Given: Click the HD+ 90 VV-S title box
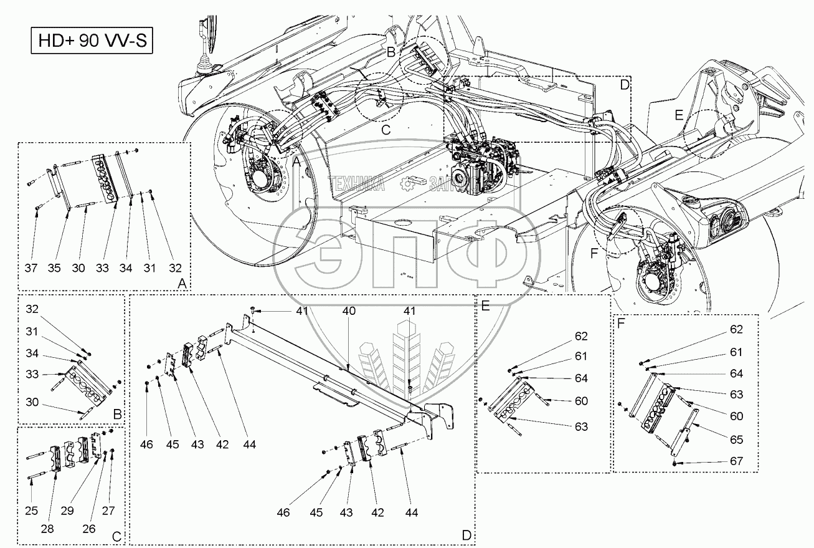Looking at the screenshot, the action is point(92,41).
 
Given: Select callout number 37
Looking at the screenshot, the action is point(31,268).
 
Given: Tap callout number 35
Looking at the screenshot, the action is point(54,268).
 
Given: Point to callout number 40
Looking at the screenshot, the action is point(349,311).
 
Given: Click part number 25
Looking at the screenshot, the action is point(31,511).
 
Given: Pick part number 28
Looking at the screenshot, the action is point(47,529).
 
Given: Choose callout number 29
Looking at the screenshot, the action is point(67,511).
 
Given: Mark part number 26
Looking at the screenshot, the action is point(89,529).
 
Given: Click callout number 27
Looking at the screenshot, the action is point(108,511).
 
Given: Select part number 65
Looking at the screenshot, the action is point(737,440).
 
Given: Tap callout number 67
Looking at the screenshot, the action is point(737,461).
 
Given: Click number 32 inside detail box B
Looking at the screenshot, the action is point(32,309).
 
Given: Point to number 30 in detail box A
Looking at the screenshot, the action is point(78,268).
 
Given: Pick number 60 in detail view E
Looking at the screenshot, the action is point(582,401).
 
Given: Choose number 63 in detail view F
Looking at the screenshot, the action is point(737,395).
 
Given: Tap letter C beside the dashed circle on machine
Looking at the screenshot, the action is point(386,130).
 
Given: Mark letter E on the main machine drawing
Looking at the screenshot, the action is point(679,115).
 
